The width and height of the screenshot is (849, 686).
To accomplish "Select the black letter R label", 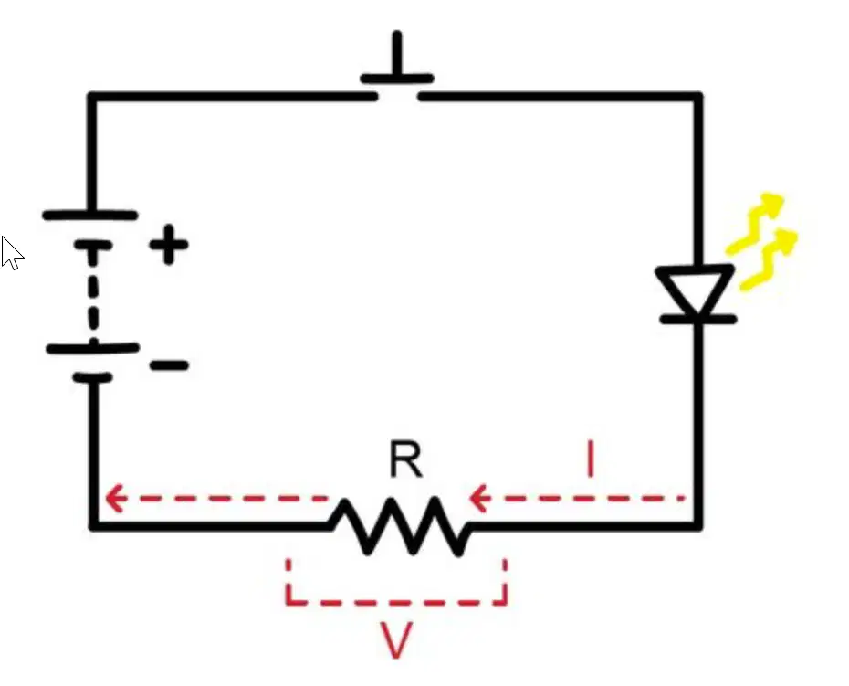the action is pos(406,459).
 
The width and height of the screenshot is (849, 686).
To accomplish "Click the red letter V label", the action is pos(396,640).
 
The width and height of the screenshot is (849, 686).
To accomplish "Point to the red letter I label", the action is pos(591,459).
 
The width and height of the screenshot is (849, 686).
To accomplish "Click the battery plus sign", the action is pos(169,245).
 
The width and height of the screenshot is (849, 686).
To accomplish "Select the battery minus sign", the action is pos(169,365).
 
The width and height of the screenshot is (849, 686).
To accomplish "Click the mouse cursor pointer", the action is pos(12,252).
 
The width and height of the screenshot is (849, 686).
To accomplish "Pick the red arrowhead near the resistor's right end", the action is pos(479,498).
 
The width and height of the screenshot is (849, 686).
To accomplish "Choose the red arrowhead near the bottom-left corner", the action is pos(116,498).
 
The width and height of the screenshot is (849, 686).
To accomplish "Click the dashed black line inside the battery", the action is pos(93,295).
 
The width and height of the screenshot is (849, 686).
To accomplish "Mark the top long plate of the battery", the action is pos(89,216).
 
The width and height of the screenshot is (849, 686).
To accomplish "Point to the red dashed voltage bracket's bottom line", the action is pos(396,602).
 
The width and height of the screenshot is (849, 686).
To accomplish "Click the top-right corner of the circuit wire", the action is pos(698,97).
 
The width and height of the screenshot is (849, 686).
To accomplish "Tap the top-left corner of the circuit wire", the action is pos(92,97).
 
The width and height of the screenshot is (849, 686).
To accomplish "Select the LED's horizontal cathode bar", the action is pos(698,321).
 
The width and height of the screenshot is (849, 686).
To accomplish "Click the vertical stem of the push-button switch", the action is pos(398,54).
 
